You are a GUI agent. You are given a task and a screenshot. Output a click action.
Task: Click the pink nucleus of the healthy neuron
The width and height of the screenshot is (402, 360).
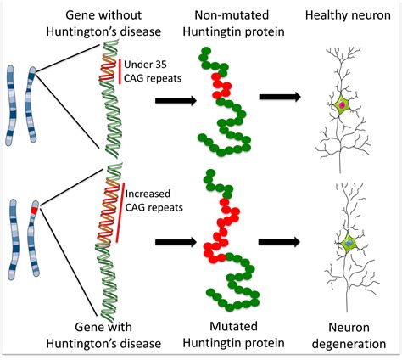click(x=342, y=105)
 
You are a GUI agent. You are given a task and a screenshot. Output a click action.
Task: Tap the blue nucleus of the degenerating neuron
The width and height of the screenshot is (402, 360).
click(x=349, y=243)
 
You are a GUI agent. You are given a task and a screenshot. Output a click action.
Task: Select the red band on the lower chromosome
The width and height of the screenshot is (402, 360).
click(x=34, y=211)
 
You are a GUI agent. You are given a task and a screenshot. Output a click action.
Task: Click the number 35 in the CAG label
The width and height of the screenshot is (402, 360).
click(x=160, y=65)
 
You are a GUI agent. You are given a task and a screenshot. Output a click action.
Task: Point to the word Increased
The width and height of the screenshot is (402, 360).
click(x=148, y=194)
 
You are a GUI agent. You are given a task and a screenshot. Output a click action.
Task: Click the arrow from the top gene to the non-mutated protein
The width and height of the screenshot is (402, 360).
click(x=176, y=100)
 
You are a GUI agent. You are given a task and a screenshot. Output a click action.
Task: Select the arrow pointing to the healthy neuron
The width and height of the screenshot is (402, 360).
click(x=280, y=97)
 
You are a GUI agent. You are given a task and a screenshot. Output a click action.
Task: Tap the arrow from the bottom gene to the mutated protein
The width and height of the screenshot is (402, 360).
click(x=176, y=242)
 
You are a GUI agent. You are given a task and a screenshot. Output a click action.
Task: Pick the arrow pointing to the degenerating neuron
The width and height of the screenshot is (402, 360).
click(x=279, y=242)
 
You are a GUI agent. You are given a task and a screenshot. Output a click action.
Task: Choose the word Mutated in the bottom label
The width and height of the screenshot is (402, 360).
click(x=233, y=326)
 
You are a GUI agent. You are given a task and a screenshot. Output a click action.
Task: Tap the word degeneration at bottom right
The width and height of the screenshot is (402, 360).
click(x=349, y=344)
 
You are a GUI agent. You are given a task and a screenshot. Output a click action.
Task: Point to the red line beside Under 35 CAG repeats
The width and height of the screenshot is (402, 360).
click(x=120, y=71)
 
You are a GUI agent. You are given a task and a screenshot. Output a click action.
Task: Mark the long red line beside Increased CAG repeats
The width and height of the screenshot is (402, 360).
click(x=120, y=212)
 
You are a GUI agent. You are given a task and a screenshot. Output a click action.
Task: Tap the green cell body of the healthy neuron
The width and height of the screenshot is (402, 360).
click(x=342, y=105)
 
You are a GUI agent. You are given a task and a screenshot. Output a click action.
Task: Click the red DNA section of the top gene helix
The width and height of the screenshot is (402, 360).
click(x=108, y=69)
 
